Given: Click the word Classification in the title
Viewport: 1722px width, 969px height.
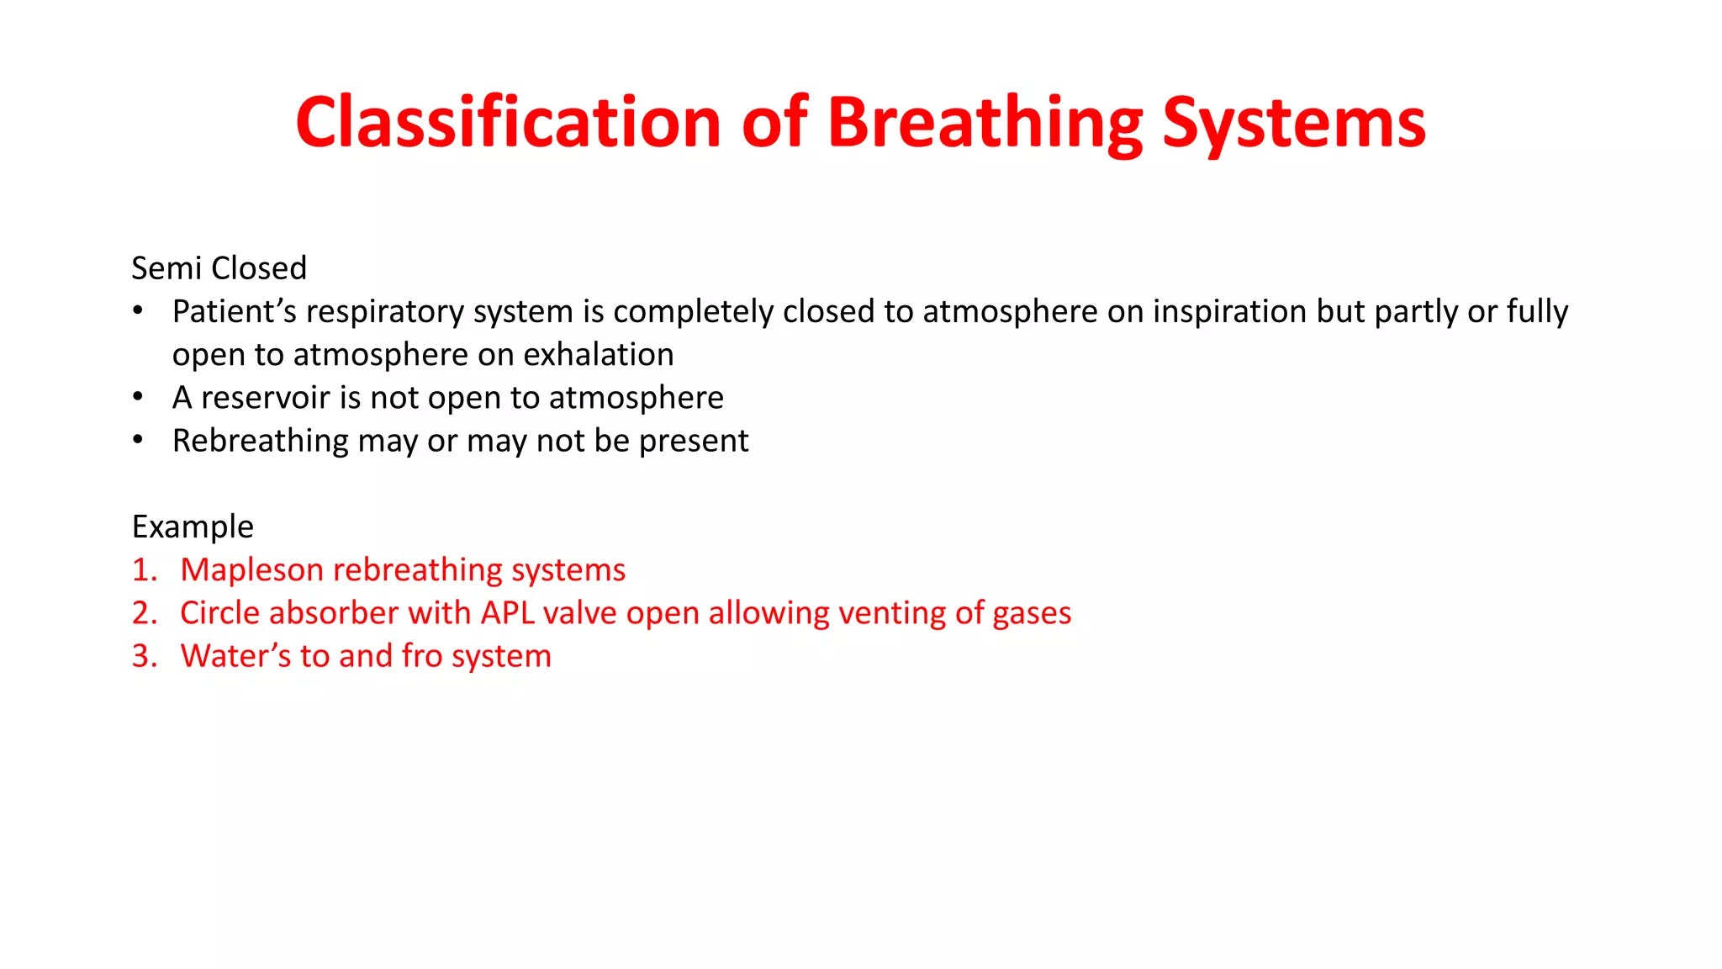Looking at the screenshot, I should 508,123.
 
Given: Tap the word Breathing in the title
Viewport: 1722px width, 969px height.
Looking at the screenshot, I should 985,123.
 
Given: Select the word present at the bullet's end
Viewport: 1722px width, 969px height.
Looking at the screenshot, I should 694,442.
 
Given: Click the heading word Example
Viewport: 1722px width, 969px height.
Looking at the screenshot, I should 193,527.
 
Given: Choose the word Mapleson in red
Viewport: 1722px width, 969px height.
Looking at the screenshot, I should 252,570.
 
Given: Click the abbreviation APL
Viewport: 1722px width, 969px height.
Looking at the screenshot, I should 507,613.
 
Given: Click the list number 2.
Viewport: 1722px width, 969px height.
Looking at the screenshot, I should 143,613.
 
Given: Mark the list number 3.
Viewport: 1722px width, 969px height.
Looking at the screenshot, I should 143,656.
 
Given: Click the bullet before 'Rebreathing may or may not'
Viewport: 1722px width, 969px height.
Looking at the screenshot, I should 138,440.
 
